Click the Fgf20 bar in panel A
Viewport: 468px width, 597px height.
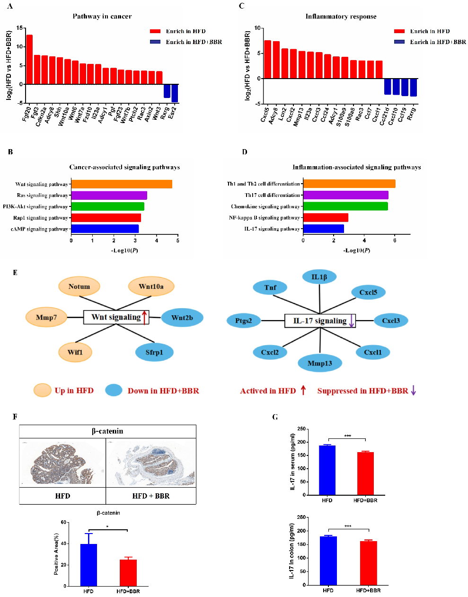point(29,60)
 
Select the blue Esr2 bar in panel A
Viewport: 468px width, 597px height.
point(175,93)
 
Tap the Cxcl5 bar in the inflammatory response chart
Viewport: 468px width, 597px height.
point(267,59)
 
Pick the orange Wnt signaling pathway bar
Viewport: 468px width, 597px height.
point(122,184)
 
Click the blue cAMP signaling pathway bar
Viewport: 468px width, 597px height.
point(105,229)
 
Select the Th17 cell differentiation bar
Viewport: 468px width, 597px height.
point(345,195)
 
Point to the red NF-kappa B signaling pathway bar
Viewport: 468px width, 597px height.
point(326,218)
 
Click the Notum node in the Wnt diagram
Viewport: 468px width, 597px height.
point(79,286)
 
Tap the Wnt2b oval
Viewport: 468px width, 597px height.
point(182,318)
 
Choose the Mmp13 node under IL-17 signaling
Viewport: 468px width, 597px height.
point(319,363)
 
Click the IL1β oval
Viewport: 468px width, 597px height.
point(319,277)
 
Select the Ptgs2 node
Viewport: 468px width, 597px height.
point(244,321)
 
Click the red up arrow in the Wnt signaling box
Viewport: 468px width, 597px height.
point(145,317)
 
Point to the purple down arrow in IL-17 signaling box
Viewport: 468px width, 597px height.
point(351,321)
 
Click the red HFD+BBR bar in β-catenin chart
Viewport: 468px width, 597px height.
point(128,573)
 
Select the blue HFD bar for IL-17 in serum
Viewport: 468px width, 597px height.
point(327,470)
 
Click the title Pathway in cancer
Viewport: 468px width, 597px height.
point(102,16)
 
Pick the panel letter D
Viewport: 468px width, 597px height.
point(244,152)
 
